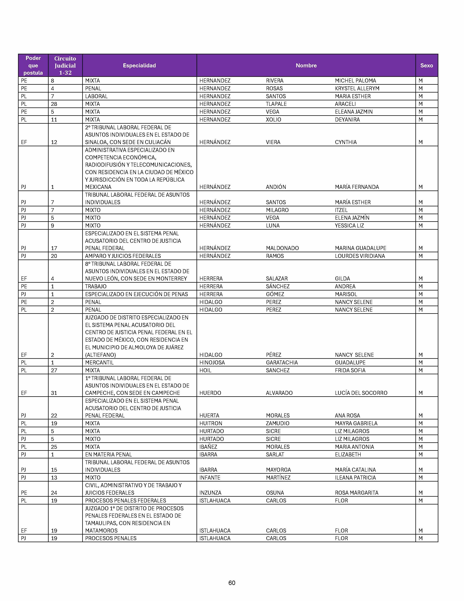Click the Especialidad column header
point(139,66)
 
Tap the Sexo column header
point(426,66)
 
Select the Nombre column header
point(306,66)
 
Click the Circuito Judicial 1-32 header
point(65,66)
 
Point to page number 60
point(232,583)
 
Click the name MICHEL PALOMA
point(355,81)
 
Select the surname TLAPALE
point(276,104)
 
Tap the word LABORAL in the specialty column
point(96,96)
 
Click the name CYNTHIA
point(346,142)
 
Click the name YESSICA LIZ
point(349,226)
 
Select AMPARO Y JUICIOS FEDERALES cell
point(123,256)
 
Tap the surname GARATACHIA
point(282,363)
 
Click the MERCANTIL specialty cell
point(99,363)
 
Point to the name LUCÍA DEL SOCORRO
point(361,393)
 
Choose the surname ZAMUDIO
point(277,423)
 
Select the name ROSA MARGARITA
point(356,493)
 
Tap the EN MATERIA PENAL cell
point(108,454)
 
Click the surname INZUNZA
point(210,493)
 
